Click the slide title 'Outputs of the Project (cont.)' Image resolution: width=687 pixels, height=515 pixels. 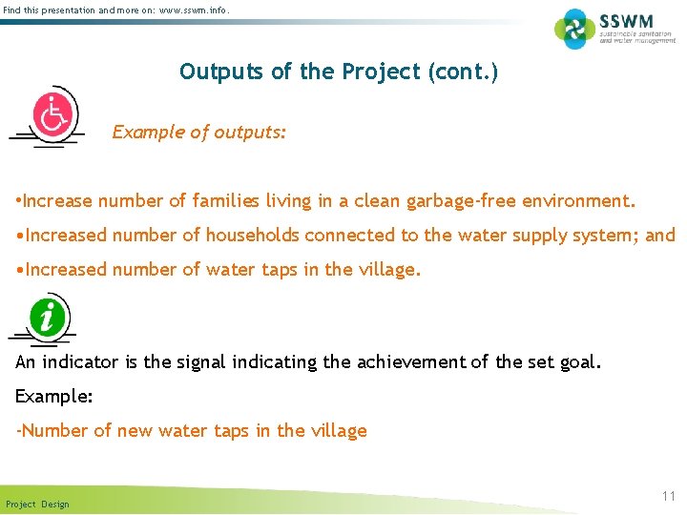(x=338, y=72)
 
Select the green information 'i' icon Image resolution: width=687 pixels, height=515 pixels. (x=48, y=316)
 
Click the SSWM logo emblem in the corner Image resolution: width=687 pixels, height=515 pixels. (x=574, y=29)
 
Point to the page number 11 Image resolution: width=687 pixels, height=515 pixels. (x=668, y=497)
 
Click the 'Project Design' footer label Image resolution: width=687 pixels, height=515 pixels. (x=37, y=504)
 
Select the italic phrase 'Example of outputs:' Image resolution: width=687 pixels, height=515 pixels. (x=198, y=133)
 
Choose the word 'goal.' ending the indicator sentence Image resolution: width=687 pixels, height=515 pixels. (x=580, y=362)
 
